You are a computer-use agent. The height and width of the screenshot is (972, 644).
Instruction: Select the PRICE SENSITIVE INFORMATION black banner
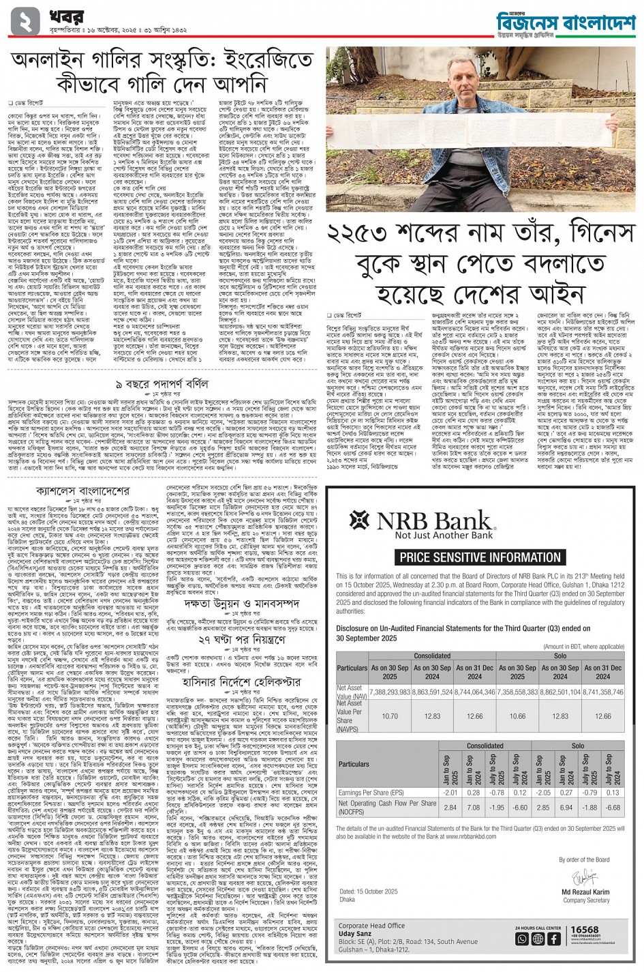tap(480, 557)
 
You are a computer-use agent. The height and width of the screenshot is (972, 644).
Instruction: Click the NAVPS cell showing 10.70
tap(390, 717)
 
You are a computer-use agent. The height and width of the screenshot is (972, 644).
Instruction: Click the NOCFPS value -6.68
tap(612, 808)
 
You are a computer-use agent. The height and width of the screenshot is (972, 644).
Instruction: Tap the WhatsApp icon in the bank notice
tap(522, 939)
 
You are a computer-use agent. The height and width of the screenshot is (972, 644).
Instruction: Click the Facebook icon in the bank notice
tap(553, 939)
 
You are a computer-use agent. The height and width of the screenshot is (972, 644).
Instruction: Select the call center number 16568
tap(585, 930)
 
